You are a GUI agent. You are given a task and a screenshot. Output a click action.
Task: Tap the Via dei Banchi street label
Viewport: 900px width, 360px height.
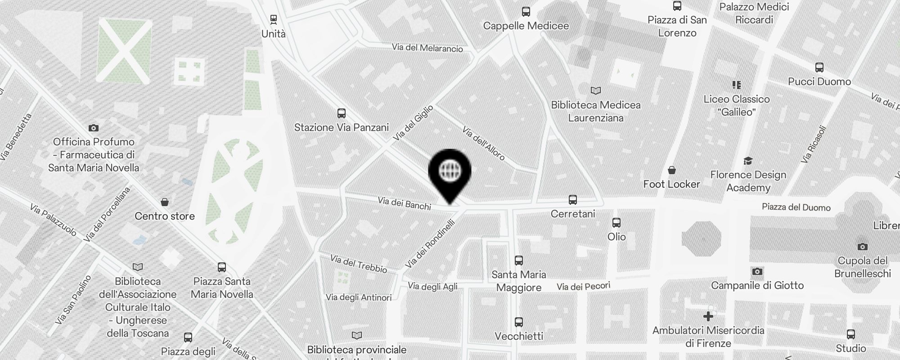405,203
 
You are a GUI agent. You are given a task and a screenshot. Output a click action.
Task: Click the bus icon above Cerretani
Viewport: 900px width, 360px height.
573,199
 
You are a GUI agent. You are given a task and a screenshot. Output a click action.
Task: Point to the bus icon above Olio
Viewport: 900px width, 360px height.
616,222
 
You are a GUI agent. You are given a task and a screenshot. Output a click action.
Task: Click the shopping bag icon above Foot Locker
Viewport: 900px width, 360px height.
672,170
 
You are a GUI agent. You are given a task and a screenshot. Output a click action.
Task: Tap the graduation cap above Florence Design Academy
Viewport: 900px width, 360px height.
748,161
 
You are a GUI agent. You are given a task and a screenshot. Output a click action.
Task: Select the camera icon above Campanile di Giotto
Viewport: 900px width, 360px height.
757,271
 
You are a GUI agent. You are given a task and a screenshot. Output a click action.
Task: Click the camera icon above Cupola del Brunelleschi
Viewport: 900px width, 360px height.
863,247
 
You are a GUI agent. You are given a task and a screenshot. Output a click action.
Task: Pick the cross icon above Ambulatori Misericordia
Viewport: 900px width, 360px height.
708,316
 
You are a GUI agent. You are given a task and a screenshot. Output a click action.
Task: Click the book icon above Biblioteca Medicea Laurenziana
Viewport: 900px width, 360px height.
596,91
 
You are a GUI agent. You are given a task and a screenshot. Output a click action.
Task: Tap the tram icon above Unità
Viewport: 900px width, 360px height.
274,19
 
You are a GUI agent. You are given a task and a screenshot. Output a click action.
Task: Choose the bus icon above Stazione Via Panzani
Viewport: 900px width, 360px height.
342,113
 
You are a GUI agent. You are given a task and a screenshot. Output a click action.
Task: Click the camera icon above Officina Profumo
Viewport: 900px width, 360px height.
94,128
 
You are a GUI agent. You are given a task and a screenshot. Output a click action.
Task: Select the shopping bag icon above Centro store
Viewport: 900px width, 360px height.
165,202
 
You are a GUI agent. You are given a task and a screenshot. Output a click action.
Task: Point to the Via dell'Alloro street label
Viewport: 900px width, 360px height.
484,144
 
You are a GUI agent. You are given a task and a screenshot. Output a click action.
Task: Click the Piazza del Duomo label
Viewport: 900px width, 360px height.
796,207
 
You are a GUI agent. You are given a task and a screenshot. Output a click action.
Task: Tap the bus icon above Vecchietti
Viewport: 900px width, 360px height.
519,322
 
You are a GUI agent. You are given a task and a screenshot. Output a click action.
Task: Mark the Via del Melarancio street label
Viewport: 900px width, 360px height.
427,48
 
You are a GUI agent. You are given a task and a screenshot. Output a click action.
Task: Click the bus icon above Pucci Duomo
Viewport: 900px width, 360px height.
819,67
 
